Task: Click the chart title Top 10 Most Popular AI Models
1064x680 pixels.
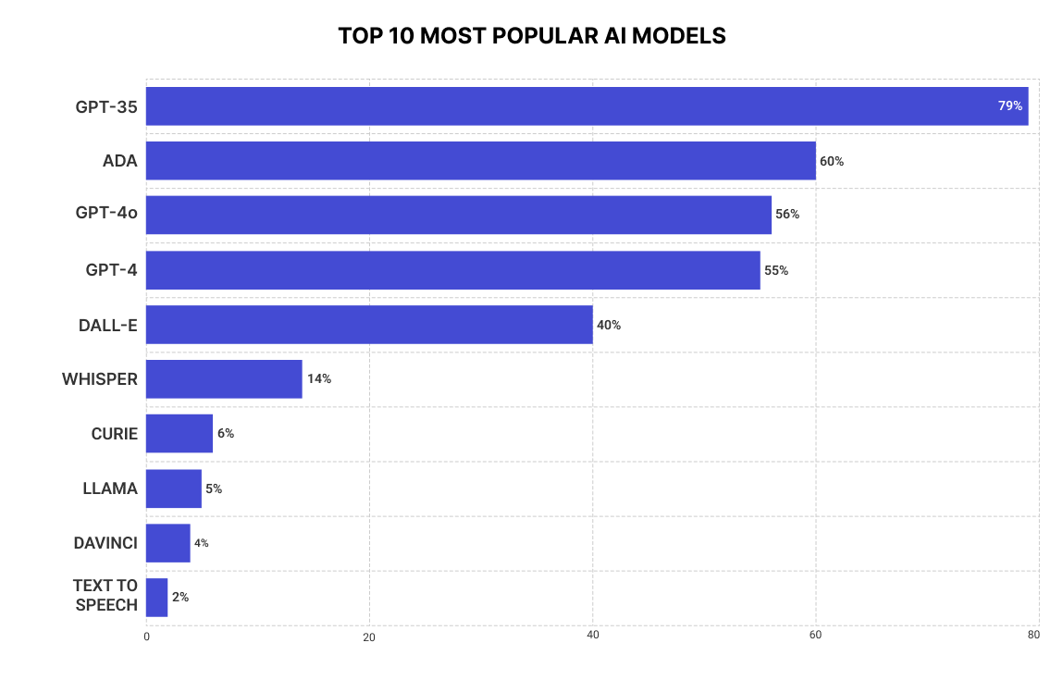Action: (x=531, y=36)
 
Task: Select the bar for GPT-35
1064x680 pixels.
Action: (x=587, y=106)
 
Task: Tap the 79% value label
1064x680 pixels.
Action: (x=1009, y=106)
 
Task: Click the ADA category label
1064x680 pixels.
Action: (x=120, y=161)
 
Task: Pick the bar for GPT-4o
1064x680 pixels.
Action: (x=458, y=215)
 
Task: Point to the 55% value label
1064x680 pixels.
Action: (x=776, y=271)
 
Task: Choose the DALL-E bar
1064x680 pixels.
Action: (x=369, y=325)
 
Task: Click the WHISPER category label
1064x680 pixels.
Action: (x=100, y=379)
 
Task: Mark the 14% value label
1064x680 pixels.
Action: (x=319, y=379)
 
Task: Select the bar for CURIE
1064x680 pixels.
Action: (x=179, y=433)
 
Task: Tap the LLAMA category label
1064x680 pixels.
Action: (x=110, y=488)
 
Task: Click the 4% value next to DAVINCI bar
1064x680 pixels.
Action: (x=202, y=543)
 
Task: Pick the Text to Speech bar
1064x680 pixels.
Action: (x=157, y=598)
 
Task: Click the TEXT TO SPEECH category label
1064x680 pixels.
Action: (x=105, y=596)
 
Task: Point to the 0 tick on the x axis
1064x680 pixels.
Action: (x=146, y=637)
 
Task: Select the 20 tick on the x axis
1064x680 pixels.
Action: (x=369, y=637)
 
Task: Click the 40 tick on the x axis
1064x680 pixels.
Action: (x=593, y=636)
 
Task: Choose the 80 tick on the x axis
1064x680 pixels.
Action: (x=1033, y=636)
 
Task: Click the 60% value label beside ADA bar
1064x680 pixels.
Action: (x=832, y=161)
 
